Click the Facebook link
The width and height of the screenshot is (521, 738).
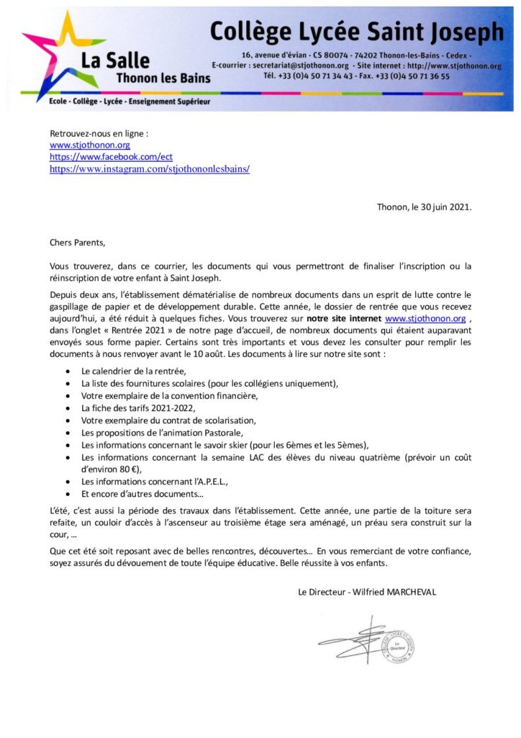pos(111,157)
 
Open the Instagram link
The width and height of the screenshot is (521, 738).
pos(149,168)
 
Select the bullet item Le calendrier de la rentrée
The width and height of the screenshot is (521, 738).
pos(137,371)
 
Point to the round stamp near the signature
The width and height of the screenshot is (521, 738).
pos(397,645)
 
